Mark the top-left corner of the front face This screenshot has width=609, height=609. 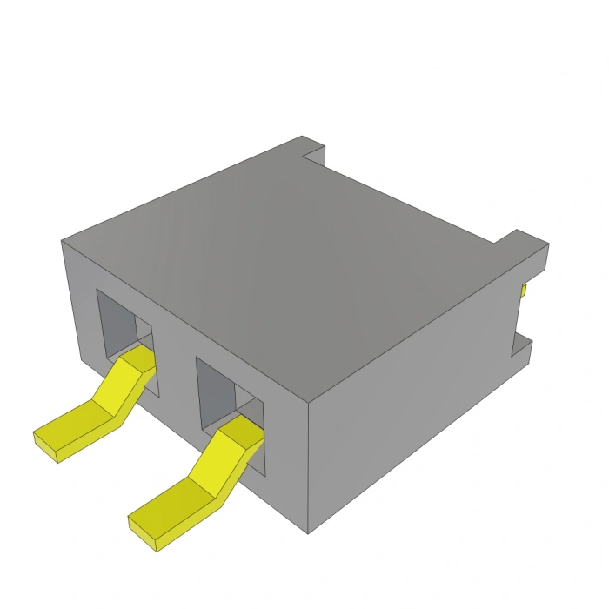[63, 242]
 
